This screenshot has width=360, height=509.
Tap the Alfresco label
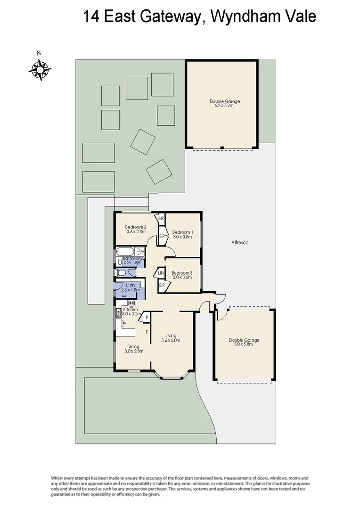[x=239, y=243]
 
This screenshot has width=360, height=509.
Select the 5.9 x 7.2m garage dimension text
[x=221, y=106]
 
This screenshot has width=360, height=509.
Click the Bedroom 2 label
[x=136, y=227]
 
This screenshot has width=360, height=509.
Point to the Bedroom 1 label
[x=182, y=232]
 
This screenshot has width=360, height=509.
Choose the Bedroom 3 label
[x=182, y=273]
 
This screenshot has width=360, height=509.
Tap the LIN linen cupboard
[x=161, y=273]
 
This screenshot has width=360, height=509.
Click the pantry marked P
[x=147, y=318]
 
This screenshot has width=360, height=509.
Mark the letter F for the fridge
[x=147, y=332]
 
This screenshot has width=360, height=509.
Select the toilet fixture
[x=121, y=272]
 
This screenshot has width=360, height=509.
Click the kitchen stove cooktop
[x=131, y=303]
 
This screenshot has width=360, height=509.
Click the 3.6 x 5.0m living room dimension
[x=171, y=340]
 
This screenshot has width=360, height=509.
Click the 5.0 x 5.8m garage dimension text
[x=244, y=345]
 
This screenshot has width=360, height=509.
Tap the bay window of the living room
[x=172, y=376]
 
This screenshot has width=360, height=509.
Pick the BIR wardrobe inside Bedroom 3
[x=161, y=285]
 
